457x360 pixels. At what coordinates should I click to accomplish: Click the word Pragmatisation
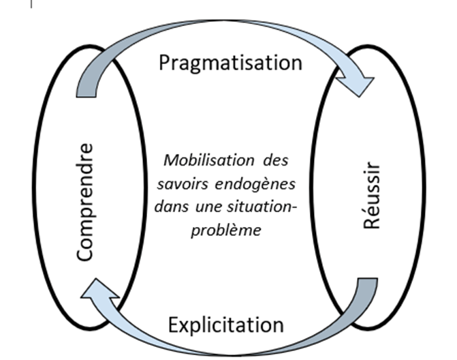(230, 63)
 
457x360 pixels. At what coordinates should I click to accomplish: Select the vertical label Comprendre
(84, 202)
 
